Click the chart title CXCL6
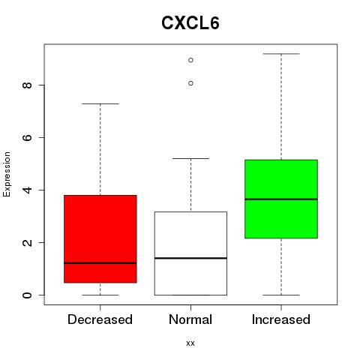pyautogui.click(x=190, y=23)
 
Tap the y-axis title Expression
pyautogui.click(x=7, y=174)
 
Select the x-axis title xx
pyautogui.click(x=190, y=343)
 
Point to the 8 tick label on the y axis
pyautogui.click(x=27, y=85)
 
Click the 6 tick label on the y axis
pyautogui.click(x=27, y=137)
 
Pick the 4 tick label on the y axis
pyautogui.click(x=27, y=190)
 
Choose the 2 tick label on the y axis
pyautogui.click(x=27, y=242)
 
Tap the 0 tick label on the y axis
pyautogui.click(x=27, y=295)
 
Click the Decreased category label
pyautogui.click(x=100, y=319)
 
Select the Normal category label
pyautogui.click(x=190, y=319)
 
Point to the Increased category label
pyautogui.click(x=281, y=319)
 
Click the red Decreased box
pyautogui.click(x=100, y=238)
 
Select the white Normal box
pyautogui.click(x=190, y=253)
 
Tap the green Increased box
pyautogui.click(x=281, y=199)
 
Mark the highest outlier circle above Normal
pyautogui.click(x=190, y=60)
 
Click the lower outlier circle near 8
pyautogui.click(x=190, y=83)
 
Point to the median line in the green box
pyautogui.click(x=281, y=199)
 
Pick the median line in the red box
pyautogui.click(x=100, y=263)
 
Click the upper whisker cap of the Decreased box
pyautogui.click(x=100, y=103)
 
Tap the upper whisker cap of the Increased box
pyautogui.click(x=281, y=54)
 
